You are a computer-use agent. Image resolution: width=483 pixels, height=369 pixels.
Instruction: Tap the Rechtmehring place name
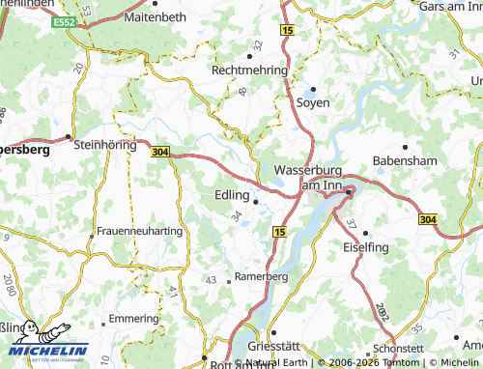tap(250, 71)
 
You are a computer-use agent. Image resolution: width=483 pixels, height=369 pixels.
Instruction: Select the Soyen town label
tap(313, 101)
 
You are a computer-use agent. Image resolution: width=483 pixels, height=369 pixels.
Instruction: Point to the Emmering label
tap(133, 318)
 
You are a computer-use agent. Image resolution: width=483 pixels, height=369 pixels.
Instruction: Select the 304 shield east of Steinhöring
tap(160, 152)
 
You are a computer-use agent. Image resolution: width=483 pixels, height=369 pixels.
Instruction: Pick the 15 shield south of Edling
tap(279, 233)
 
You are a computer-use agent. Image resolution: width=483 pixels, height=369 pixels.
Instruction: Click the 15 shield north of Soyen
tap(288, 32)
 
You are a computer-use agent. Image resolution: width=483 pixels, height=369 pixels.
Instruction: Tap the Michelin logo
tap(44, 343)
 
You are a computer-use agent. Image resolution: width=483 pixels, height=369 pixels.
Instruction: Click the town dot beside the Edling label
tap(255, 202)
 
